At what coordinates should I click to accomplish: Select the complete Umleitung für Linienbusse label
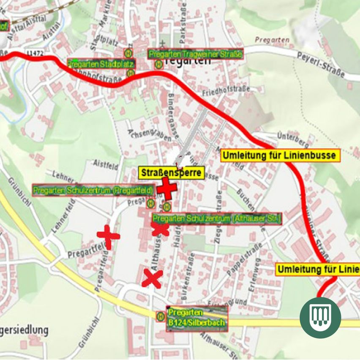(280, 155)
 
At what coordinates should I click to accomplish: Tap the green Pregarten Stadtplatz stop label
(101, 64)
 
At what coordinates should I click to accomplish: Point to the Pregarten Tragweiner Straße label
(195, 55)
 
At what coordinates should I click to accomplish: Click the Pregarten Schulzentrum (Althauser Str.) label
(216, 219)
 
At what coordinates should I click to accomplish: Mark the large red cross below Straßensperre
(167, 188)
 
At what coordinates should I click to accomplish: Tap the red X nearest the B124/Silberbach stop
(152, 279)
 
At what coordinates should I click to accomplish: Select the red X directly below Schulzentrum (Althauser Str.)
(160, 229)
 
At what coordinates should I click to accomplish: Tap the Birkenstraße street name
(189, 270)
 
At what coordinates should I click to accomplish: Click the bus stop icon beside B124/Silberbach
(161, 316)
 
